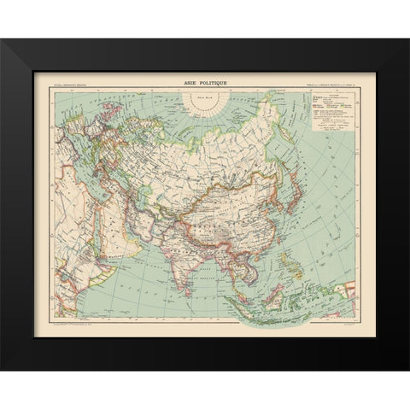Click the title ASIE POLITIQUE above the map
coord(205,83)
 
